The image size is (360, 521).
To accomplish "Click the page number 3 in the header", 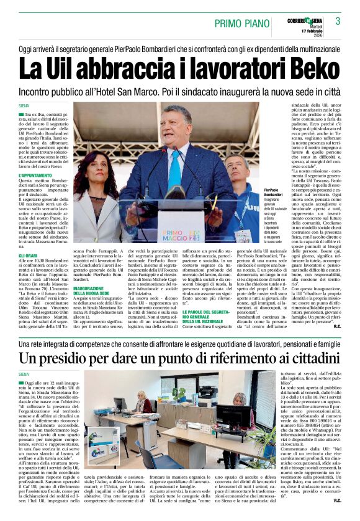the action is click(338, 20).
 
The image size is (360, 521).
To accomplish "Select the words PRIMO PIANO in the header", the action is click(239, 24).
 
